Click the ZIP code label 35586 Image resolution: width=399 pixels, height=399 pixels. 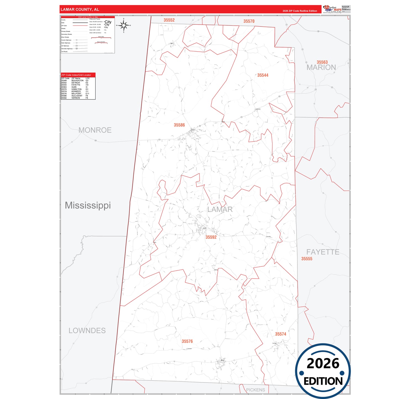click(179, 125)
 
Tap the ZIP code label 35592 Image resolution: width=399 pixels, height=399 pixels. click(211, 237)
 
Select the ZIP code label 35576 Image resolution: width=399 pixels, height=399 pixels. click(187, 341)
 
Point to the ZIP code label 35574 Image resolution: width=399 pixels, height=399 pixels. click(281, 334)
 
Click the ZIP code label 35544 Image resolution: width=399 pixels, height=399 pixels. click(263, 75)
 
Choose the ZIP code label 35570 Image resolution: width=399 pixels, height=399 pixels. click(249, 21)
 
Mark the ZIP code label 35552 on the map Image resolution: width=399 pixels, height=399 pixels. click(169, 20)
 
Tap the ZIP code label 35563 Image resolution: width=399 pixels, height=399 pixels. click(322, 62)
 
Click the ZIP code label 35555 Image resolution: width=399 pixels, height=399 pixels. click(307, 259)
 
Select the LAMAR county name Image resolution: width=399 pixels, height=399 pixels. click(220, 210)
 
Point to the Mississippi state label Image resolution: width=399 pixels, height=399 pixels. click(88, 205)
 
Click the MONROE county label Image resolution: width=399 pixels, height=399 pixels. click(95, 130)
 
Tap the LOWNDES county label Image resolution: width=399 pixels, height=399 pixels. click(87, 331)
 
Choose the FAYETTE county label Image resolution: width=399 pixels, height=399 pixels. click(323, 252)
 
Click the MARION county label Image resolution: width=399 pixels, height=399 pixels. click(321, 67)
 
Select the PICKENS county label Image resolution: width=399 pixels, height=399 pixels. click(255, 390)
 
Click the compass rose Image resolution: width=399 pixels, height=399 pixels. click(124, 25)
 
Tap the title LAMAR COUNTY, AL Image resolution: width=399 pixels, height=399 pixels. click(80, 9)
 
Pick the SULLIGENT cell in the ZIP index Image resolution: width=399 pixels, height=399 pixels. click(77, 96)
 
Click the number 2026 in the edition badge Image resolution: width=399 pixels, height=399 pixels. click(323, 363)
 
